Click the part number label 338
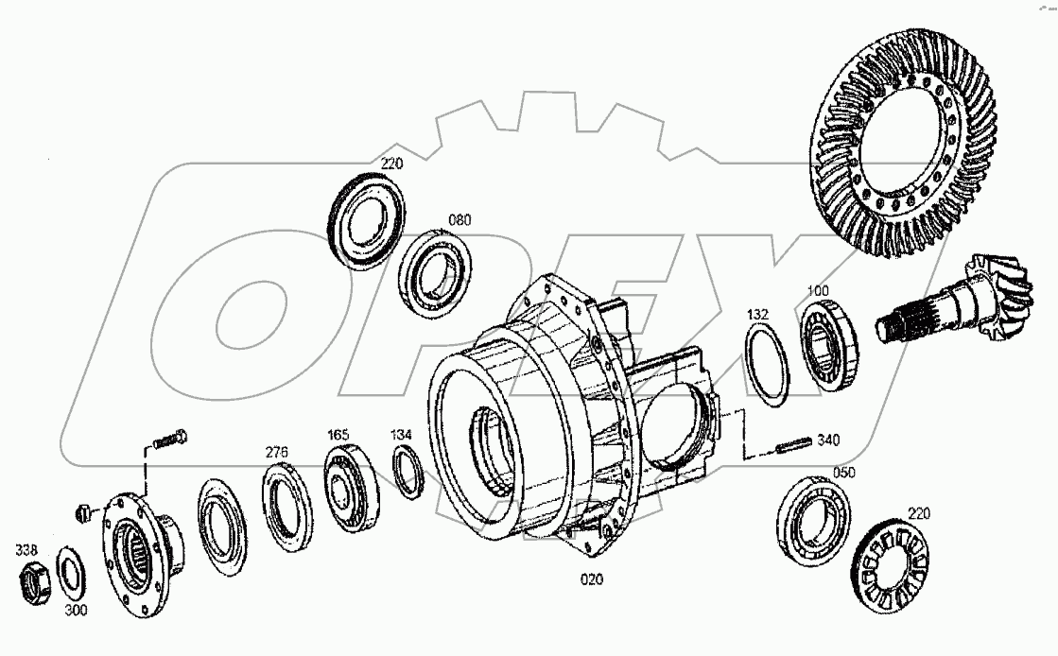point(26,548)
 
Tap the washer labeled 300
point(69,573)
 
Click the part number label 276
point(275,452)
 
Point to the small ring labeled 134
point(407,471)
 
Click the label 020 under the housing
point(592,578)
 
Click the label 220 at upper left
point(391,164)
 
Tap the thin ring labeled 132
point(766,364)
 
